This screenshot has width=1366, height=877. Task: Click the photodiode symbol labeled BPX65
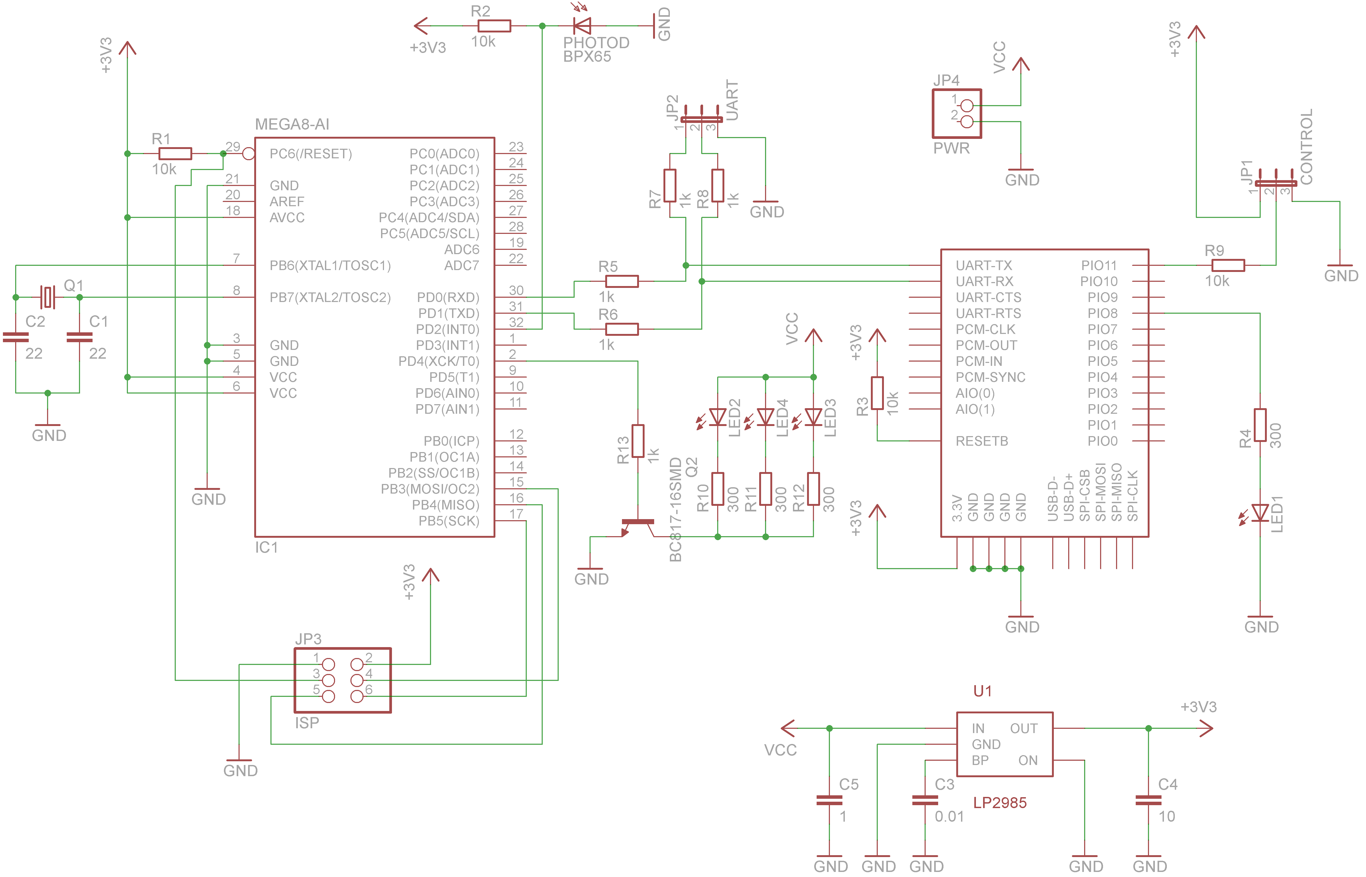point(582,26)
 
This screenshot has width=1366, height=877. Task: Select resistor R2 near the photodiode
point(494,26)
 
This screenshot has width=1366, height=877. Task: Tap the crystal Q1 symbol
point(48,297)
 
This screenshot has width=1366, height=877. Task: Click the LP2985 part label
point(1000,803)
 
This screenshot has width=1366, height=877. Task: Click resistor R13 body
point(638,441)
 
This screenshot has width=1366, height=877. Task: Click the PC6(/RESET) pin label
point(311,154)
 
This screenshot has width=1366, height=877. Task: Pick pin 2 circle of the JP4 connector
point(966,121)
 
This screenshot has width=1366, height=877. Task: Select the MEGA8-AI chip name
point(292,124)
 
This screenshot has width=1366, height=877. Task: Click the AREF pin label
point(287,202)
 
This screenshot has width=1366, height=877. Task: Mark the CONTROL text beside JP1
point(1306,147)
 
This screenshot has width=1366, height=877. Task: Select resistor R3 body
point(877,393)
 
